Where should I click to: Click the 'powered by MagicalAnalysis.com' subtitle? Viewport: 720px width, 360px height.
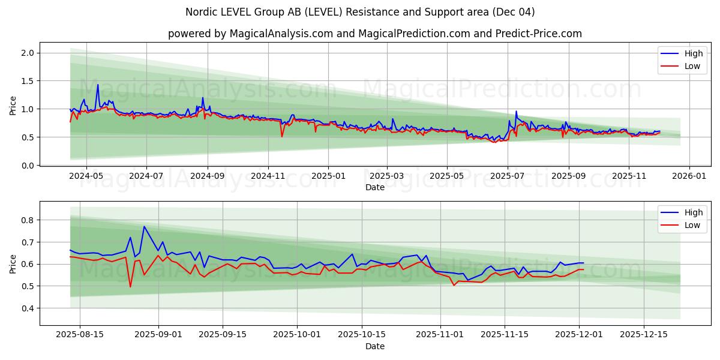pyautogui.click(x=374, y=34)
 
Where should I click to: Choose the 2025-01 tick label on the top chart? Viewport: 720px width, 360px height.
pyautogui.click(x=328, y=176)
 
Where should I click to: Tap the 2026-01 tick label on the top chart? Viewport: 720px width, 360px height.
pyautogui.click(x=689, y=176)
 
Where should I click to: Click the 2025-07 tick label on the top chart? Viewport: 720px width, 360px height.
pyautogui.click(x=507, y=176)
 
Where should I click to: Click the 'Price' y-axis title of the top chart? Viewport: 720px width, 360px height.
pyautogui.click(x=13, y=104)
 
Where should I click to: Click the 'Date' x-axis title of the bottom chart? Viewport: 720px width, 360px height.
pyautogui.click(x=375, y=346)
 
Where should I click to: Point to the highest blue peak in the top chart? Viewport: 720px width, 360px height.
pyautogui.click(x=98, y=85)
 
